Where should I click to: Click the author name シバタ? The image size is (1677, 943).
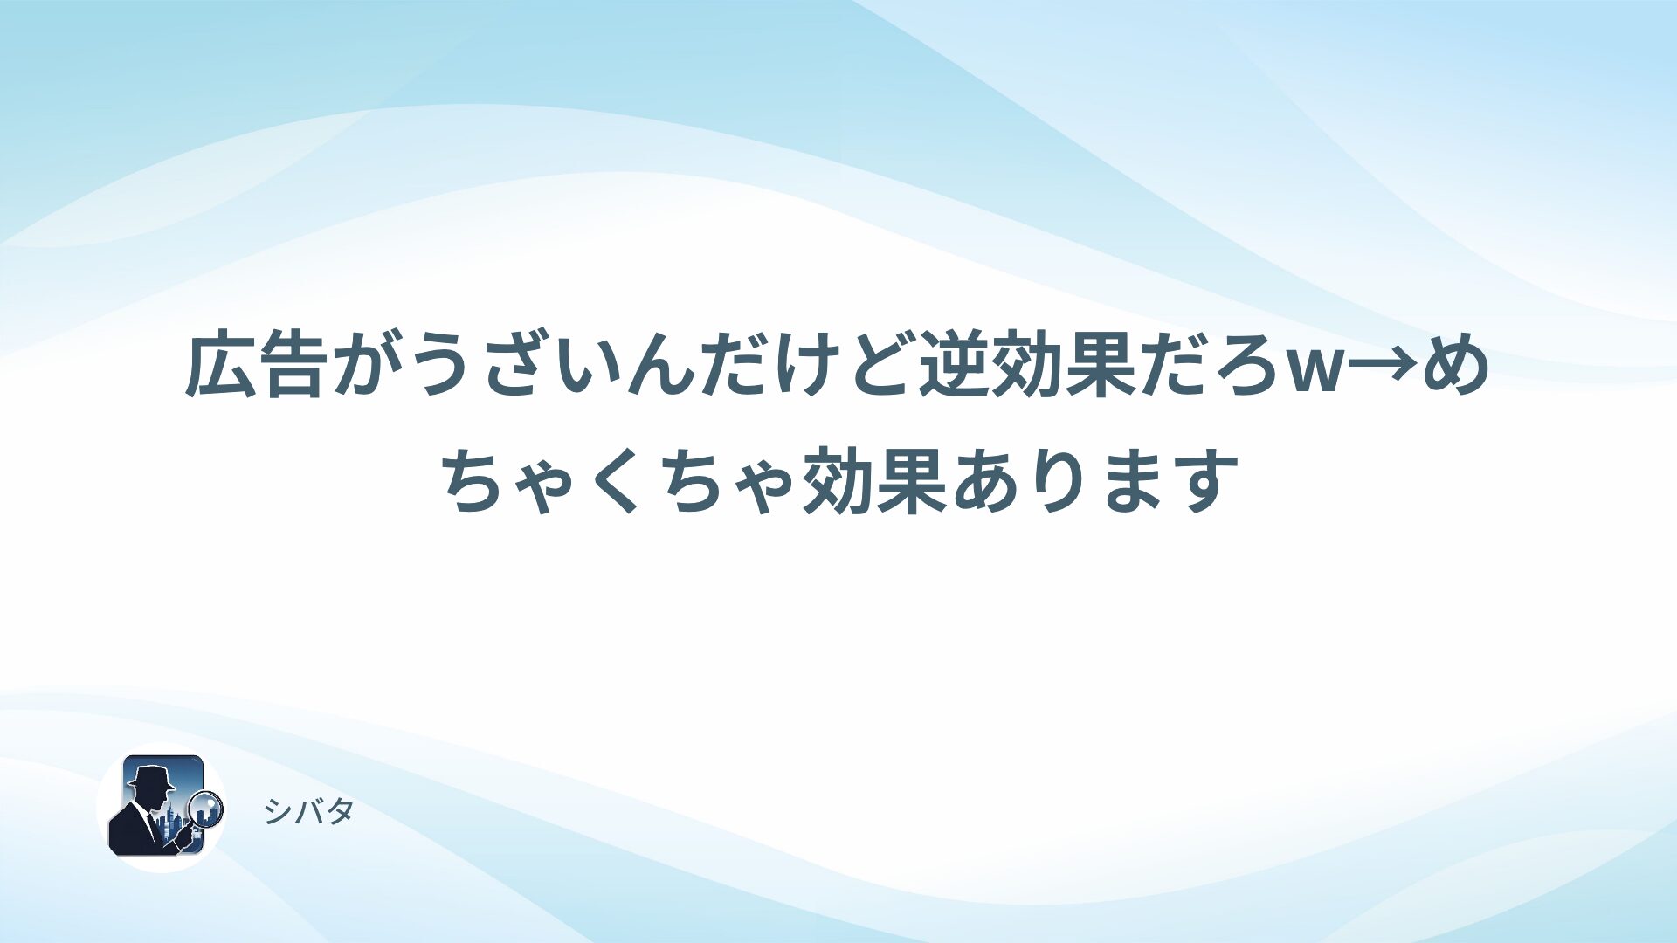point(308,811)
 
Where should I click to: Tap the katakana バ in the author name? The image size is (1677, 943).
point(308,811)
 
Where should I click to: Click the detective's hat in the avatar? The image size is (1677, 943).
point(152,777)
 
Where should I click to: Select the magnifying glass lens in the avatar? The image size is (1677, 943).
point(206,809)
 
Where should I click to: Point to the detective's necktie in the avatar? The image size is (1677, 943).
point(153,826)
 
